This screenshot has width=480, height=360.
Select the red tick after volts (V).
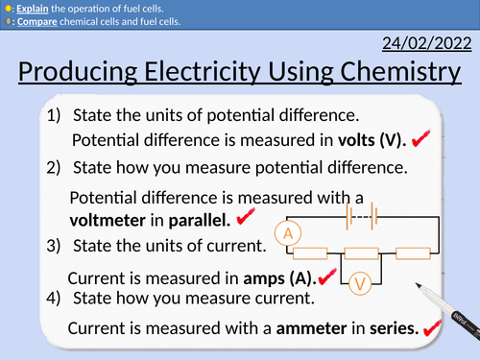pyautogui.click(x=419, y=141)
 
